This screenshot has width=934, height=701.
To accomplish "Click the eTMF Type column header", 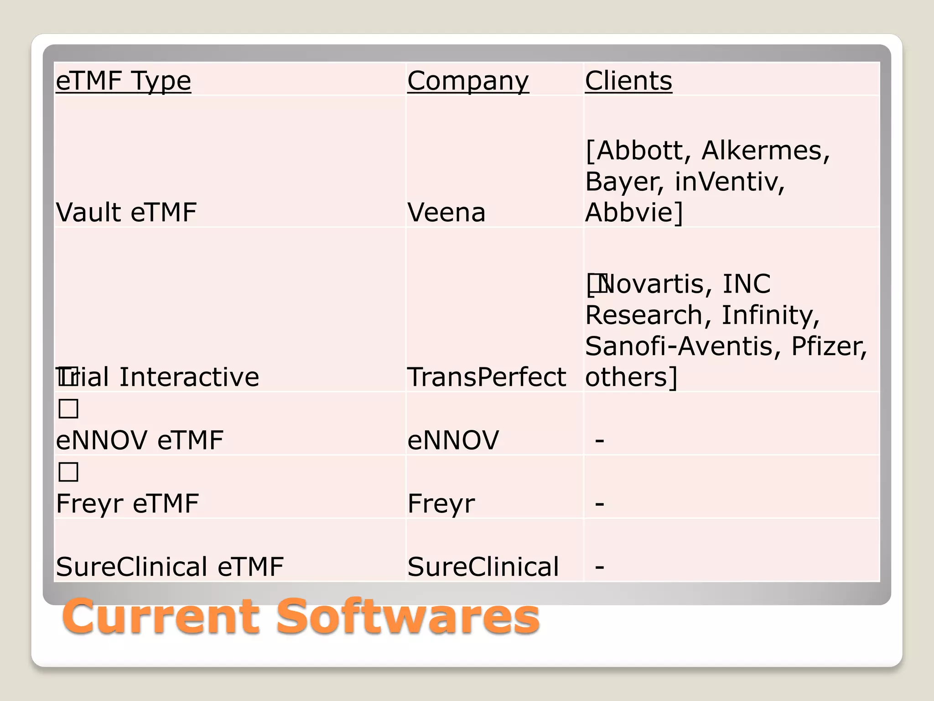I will (x=123, y=81).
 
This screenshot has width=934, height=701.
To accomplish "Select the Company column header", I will (x=468, y=81).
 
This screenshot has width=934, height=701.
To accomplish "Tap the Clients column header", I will (x=628, y=81).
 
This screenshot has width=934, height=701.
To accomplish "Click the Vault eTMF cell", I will (x=126, y=212).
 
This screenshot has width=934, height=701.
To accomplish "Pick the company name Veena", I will (x=446, y=212).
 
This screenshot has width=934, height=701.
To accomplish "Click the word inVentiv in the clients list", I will (x=729, y=181).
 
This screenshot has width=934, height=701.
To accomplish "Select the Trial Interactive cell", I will (x=158, y=377).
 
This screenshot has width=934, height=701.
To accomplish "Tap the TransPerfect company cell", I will (x=487, y=377).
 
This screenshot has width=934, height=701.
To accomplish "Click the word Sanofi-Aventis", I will (x=680, y=346).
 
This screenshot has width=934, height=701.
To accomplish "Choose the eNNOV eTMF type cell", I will (x=140, y=440).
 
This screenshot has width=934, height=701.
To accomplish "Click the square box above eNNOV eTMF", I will (x=68, y=408).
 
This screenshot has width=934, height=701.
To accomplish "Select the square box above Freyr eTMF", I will (x=68, y=471).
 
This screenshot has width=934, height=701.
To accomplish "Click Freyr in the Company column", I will (x=441, y=503).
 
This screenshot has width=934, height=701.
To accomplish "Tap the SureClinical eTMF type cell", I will (x=170, y=566).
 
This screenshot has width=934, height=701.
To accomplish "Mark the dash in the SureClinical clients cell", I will (x=600, y=566).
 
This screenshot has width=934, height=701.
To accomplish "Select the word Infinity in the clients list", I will (x=770, y=315).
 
